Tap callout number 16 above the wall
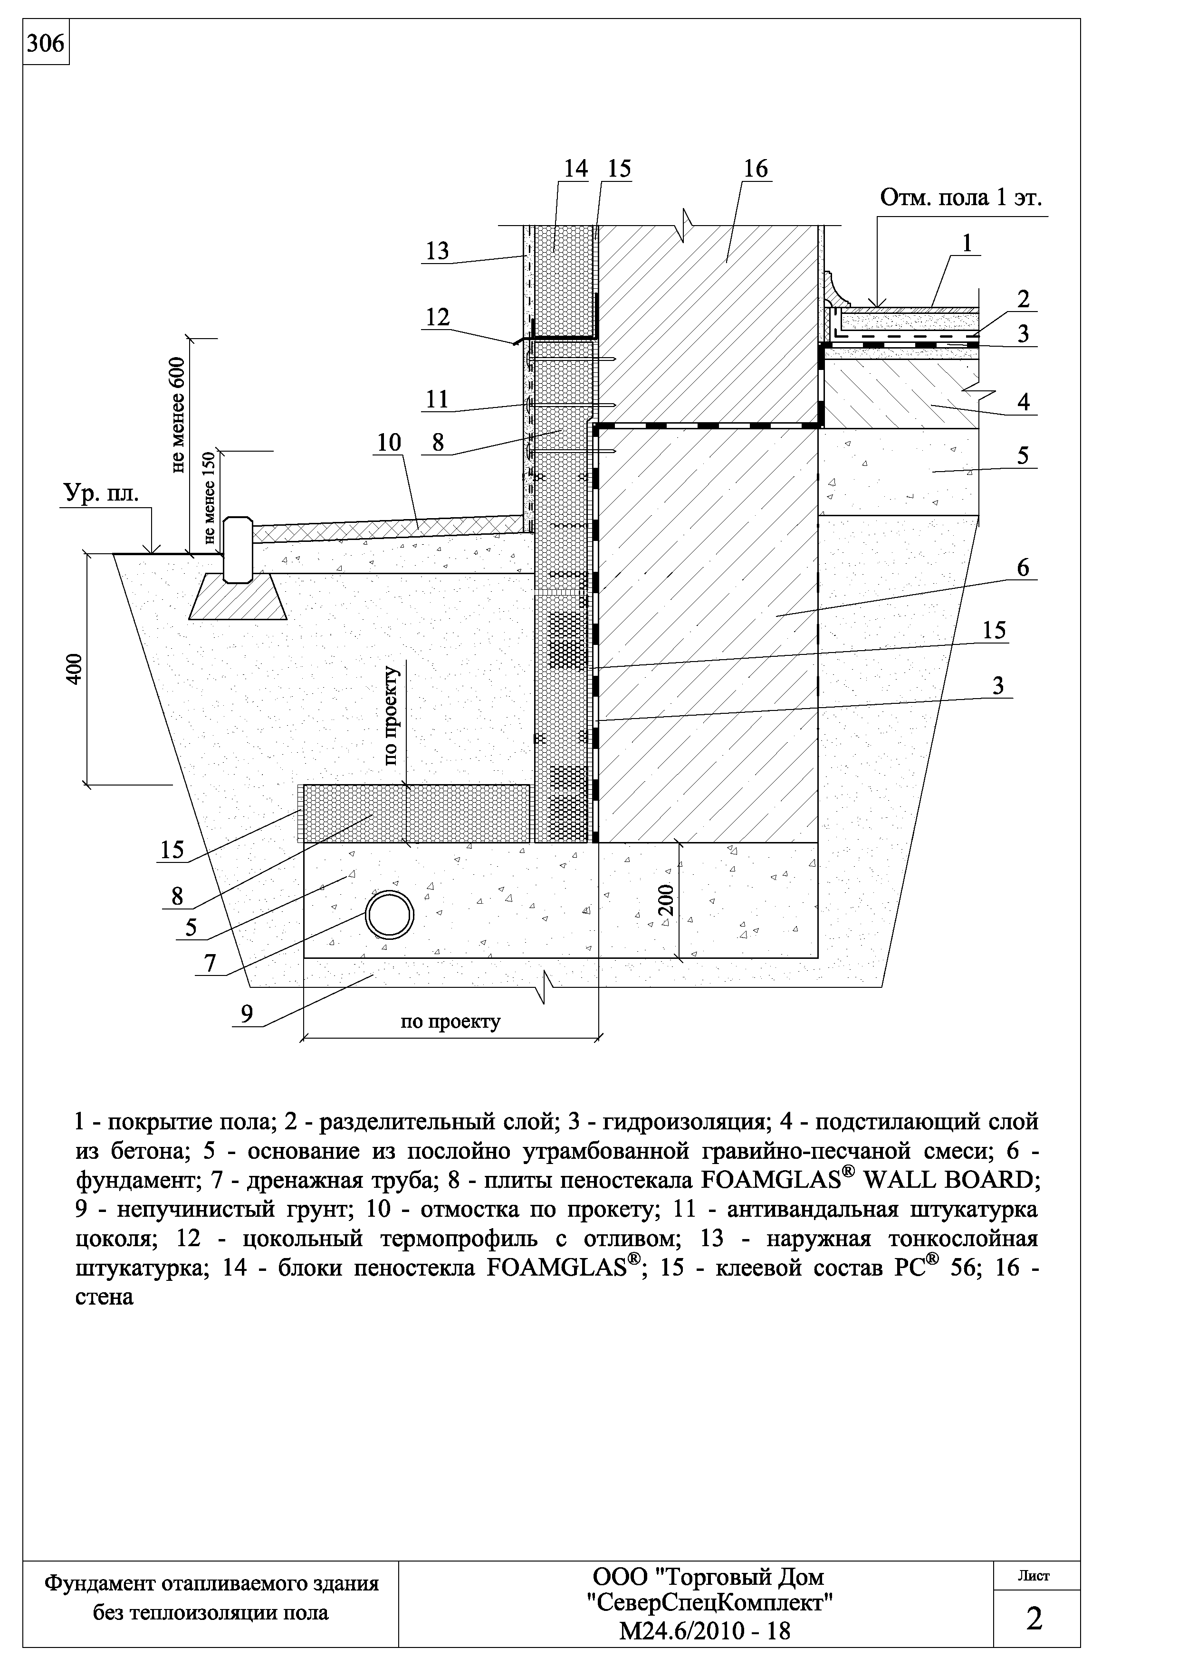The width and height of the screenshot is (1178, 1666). [x=755, y=169]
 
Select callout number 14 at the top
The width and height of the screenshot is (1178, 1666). [x=575, y=169]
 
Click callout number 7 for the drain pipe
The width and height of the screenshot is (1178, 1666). [x=210, y=963]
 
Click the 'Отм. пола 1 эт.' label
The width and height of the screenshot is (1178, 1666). [x=961, y=198]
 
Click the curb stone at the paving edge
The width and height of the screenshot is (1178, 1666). [x=238, y=549]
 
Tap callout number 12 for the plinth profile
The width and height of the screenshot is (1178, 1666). [x=438, y=317]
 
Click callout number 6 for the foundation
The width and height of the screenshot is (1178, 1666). [x=1022, y=568]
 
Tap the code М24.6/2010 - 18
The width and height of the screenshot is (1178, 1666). [x=705, y=1632]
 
